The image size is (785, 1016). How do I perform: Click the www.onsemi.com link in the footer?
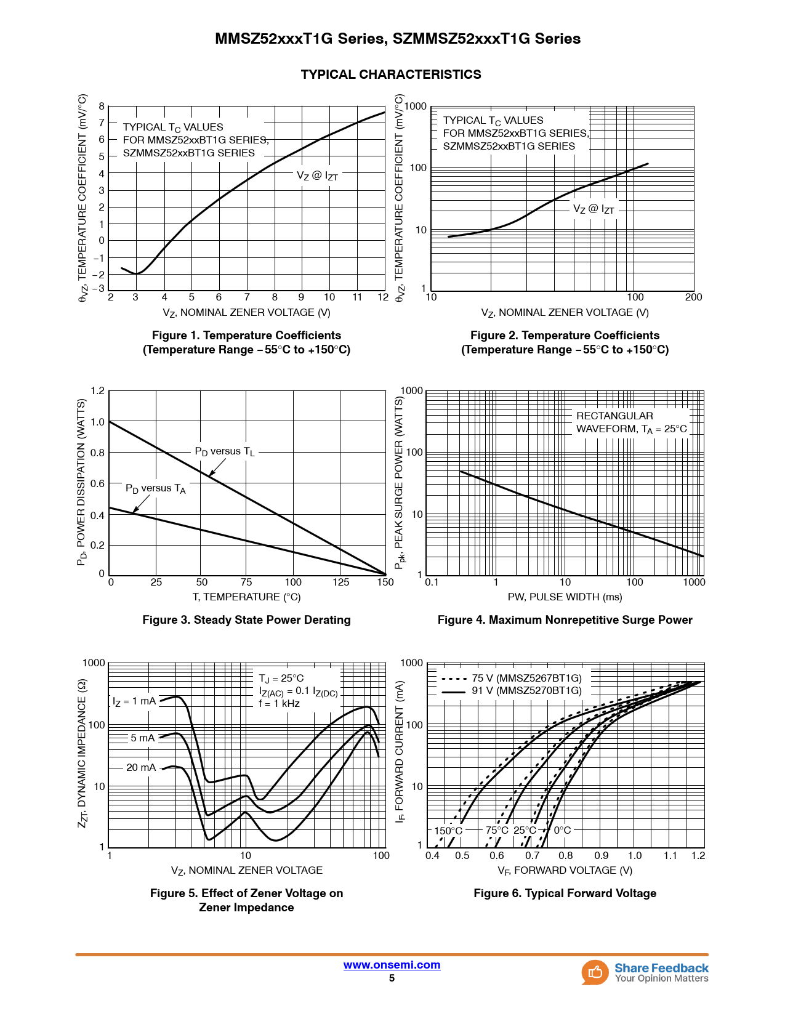(x=392, y=965)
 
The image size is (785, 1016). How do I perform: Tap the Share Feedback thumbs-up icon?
(x=595, y=972)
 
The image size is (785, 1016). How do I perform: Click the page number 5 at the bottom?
(x=392, y=978)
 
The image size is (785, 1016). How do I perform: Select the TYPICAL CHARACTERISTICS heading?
(x=391, y=75)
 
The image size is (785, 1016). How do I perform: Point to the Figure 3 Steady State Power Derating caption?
(x=246, y=620)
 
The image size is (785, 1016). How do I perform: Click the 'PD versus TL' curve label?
(x=224, y=451)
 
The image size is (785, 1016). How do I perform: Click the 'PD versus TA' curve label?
(x=155, y=488)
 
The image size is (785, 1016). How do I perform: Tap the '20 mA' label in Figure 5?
(x=141, y=768)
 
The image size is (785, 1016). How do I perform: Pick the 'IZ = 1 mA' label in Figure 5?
(x=134, y=701)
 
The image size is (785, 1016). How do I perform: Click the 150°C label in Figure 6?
(x=448, y=831)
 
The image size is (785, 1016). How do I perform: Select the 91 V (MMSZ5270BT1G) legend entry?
(x=526, y=691)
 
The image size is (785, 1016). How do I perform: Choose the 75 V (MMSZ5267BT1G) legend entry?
(x=526, y=678)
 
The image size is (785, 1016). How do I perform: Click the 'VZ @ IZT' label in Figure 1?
(x=317, y=175)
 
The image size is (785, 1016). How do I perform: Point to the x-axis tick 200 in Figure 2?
(x=693, y=297)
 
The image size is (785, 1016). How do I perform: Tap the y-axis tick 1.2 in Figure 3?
(x=97, y=391)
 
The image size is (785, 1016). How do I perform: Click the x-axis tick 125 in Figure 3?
(x=340, y=583)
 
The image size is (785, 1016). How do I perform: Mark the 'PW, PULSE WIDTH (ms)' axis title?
(x=565, y=597)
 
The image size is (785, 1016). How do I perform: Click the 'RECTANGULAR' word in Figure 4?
(x=614, y=416)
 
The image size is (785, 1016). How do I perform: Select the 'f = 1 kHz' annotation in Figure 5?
(x=279, y=704)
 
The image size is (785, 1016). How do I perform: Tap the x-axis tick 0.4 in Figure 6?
(x=433, y=855)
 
